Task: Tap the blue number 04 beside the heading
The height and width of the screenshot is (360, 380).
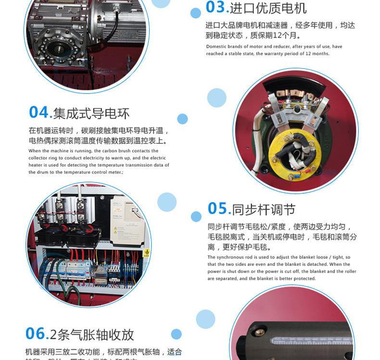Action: pos(39,112)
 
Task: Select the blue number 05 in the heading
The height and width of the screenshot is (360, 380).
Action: pos(217,208)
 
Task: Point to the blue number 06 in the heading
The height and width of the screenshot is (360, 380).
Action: pos(36,333)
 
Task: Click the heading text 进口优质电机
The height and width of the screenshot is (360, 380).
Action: pos(268,8)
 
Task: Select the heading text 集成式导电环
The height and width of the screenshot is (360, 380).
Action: pos(91,114)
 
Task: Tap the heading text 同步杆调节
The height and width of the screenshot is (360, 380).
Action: pos(264,210)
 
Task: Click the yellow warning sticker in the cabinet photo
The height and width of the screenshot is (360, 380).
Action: pos(147,252)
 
